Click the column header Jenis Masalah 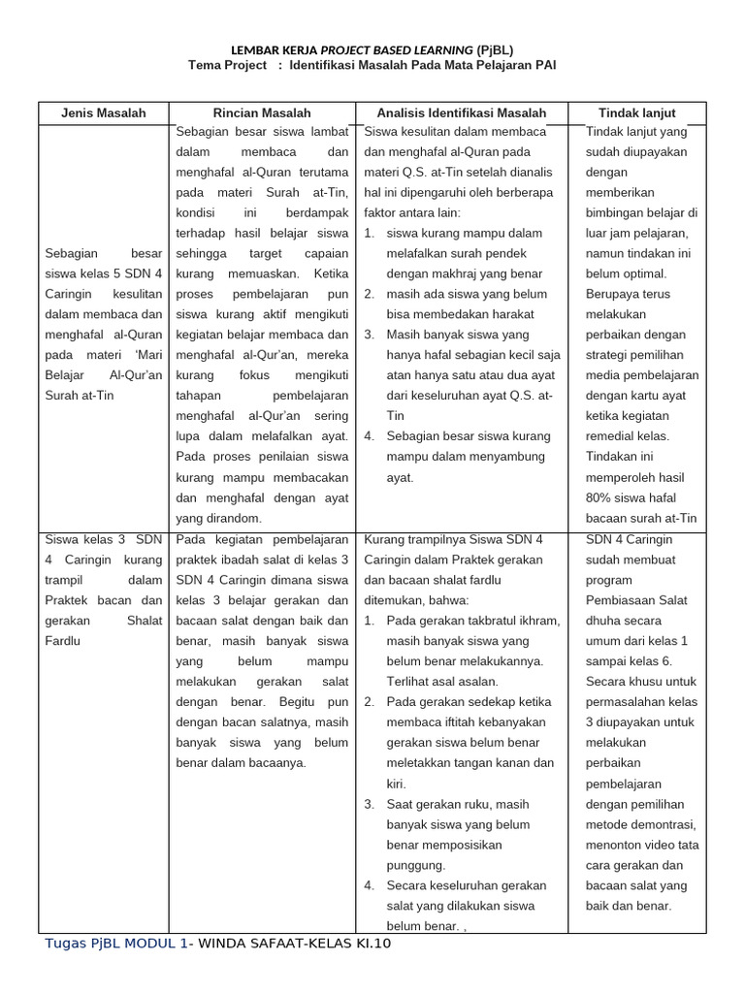[103, 113]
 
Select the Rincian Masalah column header [262, 113]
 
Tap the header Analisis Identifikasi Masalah [461, 113]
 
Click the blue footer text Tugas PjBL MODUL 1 [115, 944]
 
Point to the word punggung [415, 865]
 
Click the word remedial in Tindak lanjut [615, 436]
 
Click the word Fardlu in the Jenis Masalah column [62, 641]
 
